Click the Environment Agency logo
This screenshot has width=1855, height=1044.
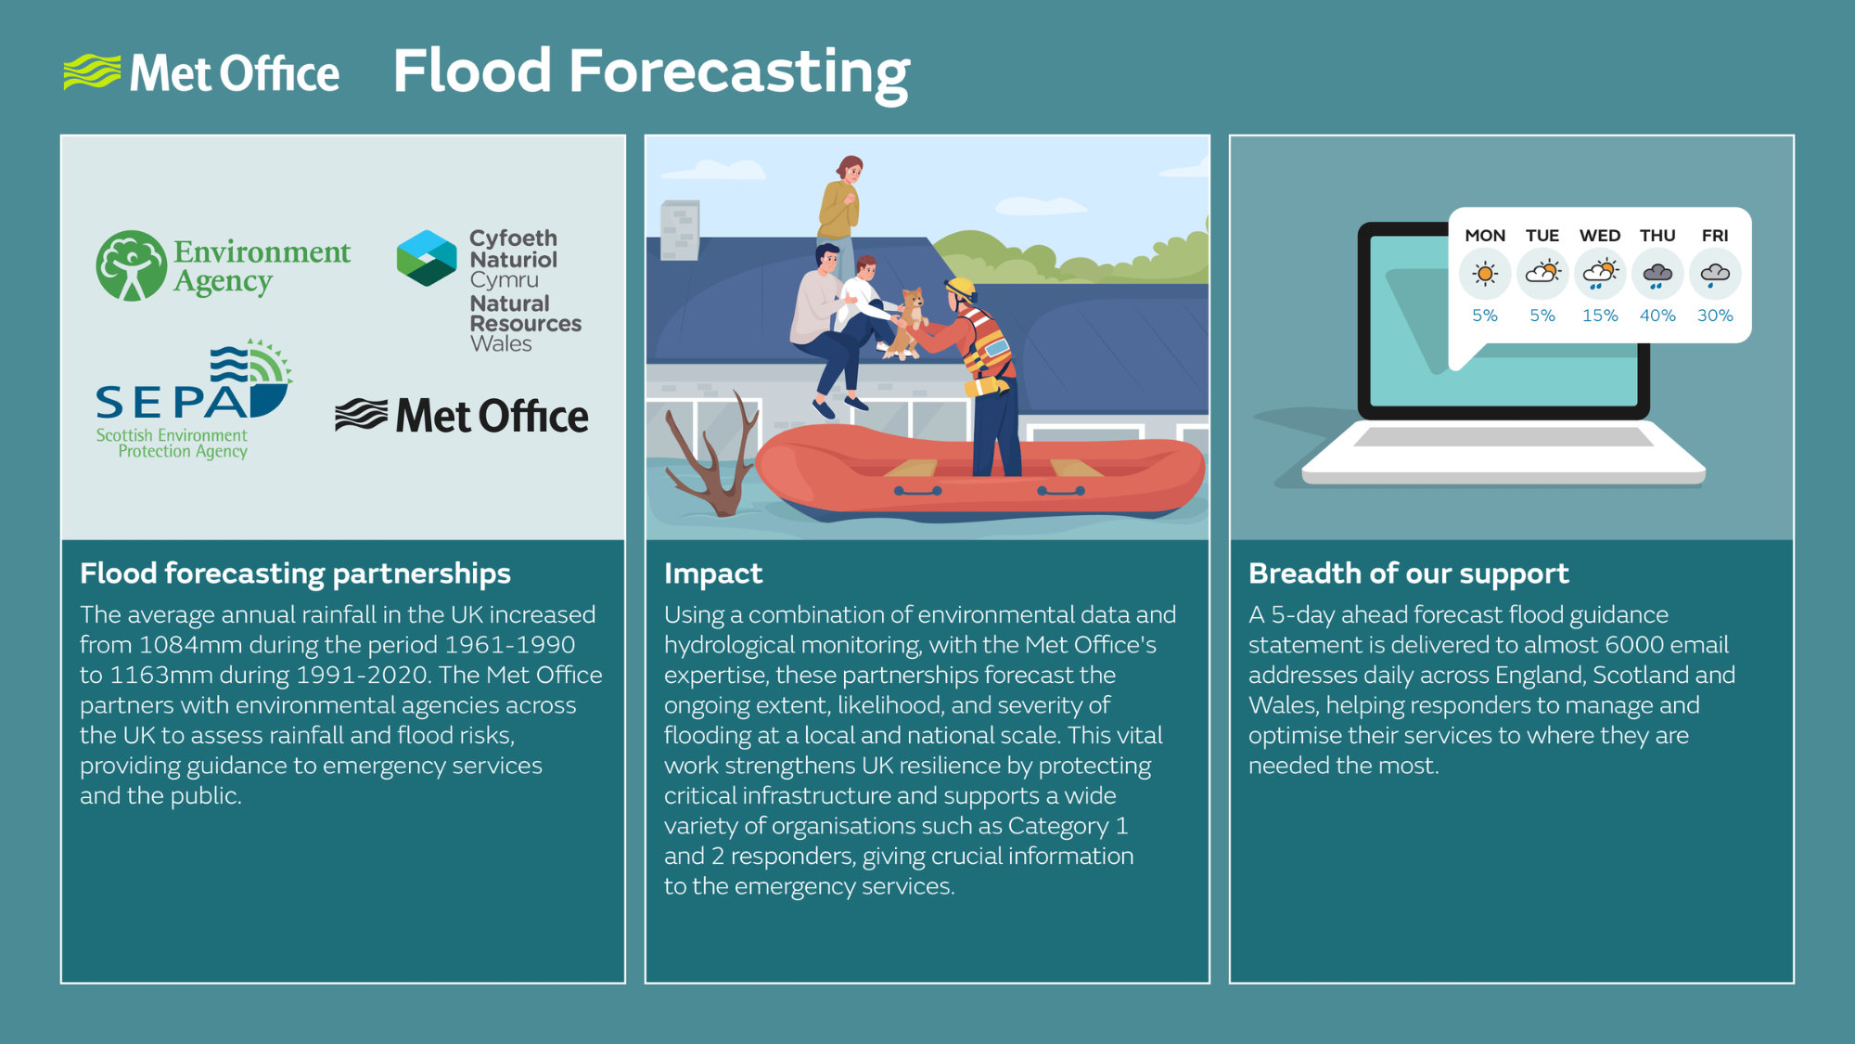224,265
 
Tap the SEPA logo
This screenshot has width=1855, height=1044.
194,399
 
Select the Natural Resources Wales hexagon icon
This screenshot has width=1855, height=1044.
427,257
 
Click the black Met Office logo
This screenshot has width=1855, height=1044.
462,416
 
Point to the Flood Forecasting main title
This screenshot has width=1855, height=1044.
651,72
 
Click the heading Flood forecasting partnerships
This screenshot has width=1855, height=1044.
295,574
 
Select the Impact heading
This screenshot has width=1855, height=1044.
713,574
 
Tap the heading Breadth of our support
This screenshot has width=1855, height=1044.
1408,574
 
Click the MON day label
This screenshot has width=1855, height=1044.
1485,236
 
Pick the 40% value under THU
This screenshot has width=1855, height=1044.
1657,316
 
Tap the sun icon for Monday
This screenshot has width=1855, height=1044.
1485,274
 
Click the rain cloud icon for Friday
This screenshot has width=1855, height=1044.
1715,275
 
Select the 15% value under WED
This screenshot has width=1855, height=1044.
1600,316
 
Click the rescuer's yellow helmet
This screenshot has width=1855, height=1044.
962,289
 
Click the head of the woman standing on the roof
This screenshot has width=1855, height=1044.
850,170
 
